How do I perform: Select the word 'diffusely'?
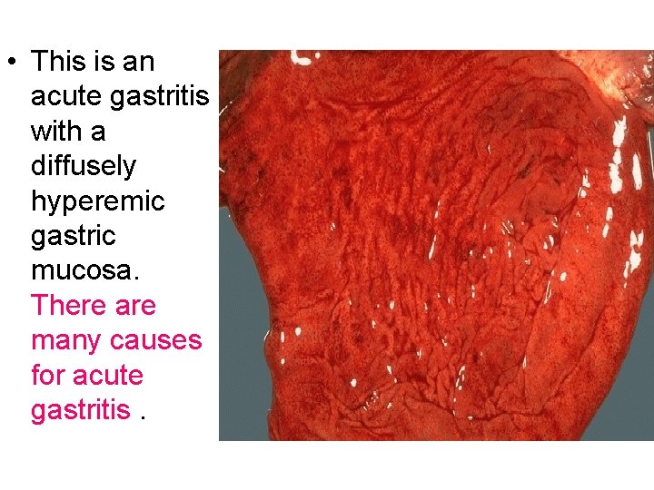pos(84,166)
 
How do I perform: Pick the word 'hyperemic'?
pos(96,201)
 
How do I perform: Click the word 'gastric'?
pos(73,236)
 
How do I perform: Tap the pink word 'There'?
pos(69,305)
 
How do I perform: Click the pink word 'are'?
pos(135,306)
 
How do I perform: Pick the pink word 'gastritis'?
pos(80,410)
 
